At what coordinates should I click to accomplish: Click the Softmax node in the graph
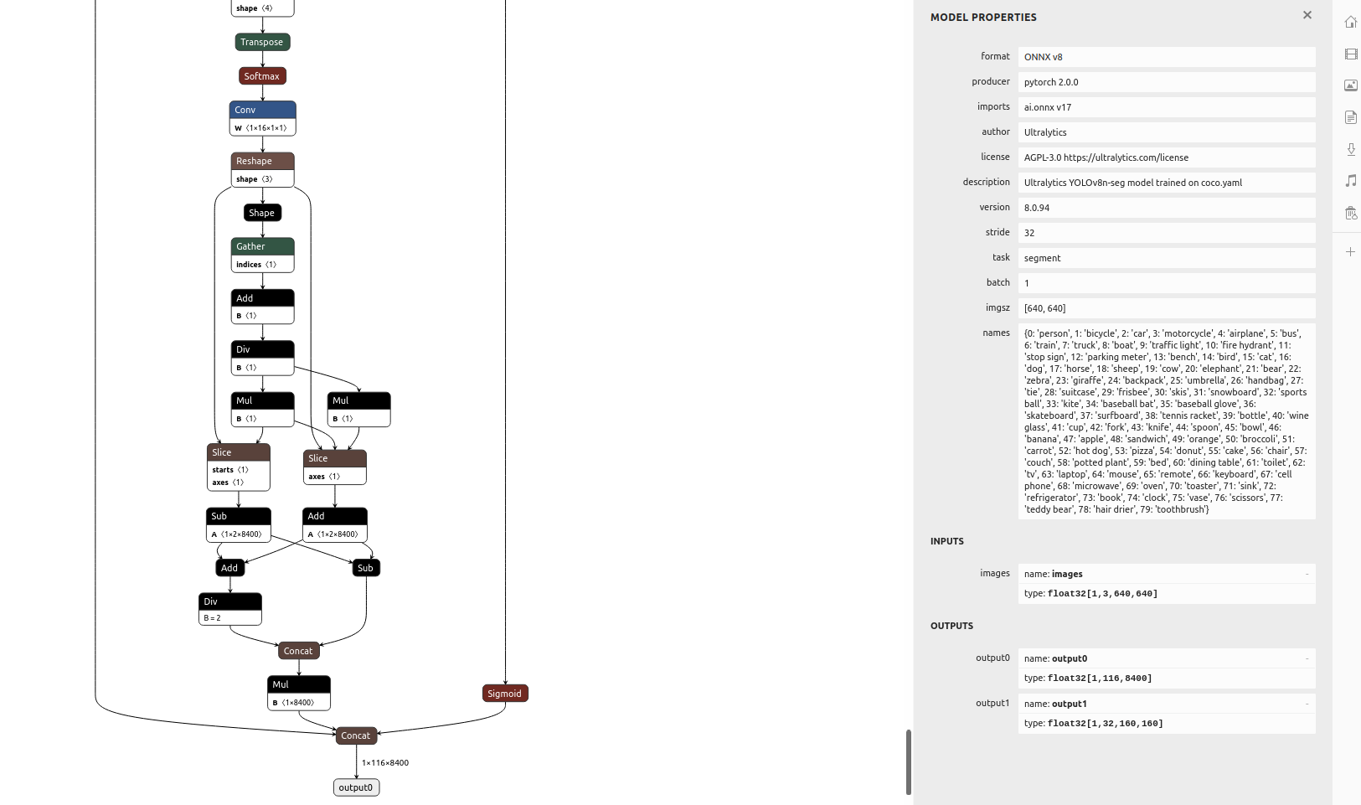pos(262,76)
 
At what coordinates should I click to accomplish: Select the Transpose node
pos(262,42)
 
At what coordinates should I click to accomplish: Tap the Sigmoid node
pos(505,694)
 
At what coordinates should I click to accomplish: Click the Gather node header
pos(262,246)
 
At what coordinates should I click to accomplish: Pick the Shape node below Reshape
pos(262,213)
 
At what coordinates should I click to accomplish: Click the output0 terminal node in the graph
pos(356,787)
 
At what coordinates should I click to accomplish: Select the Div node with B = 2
pos(230,609)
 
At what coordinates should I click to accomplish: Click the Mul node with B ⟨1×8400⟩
pos(299,693)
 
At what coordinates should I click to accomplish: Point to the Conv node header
pos(262,110)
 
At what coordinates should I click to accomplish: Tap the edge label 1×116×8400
pos(385,763)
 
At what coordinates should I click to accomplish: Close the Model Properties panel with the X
pos(1307,15)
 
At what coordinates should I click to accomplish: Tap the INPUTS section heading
pos(947,541)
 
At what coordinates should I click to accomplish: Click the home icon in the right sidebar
pos(1351,23)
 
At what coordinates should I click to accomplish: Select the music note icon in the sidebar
pos(1351,181)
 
